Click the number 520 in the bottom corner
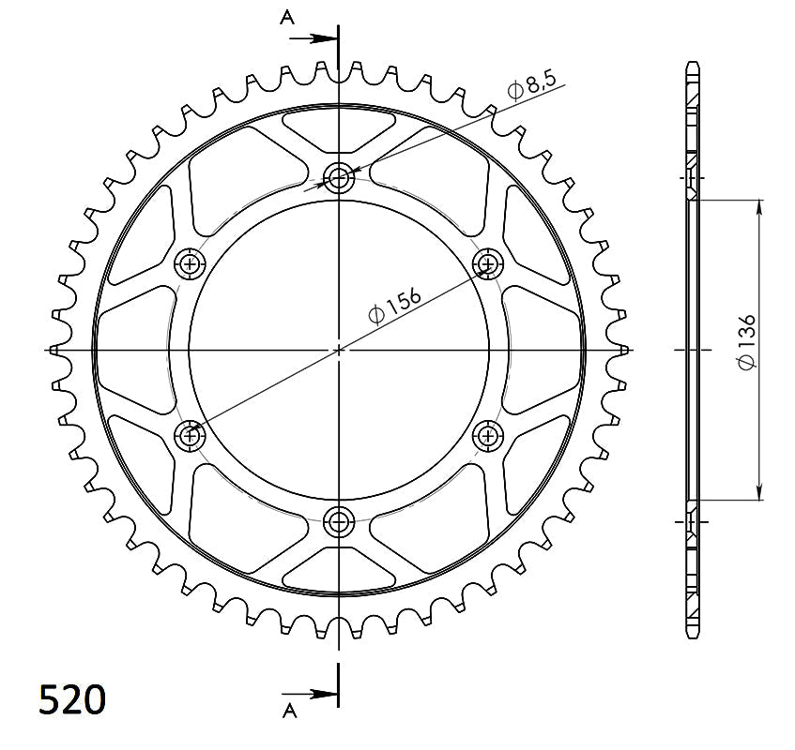click(x=72, y=699)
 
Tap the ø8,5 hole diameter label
click(x=533, y=88)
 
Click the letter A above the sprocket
click(x=286, y=16)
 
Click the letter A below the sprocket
click(x=286, y=708)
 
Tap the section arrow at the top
click(x=315, y=39)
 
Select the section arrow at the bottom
click(x=315, y=695)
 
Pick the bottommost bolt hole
click(x=338, y=520)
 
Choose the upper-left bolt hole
click(x=191, y=263)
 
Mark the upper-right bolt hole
click(x=487, y=263)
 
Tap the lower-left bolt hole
click(x=191, y=434)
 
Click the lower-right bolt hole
click(x=487, y=434)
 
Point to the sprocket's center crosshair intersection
click(x=339, y=349)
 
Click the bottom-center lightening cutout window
click(x=338, y=569)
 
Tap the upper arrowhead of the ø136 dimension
click(x=758, y=207)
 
